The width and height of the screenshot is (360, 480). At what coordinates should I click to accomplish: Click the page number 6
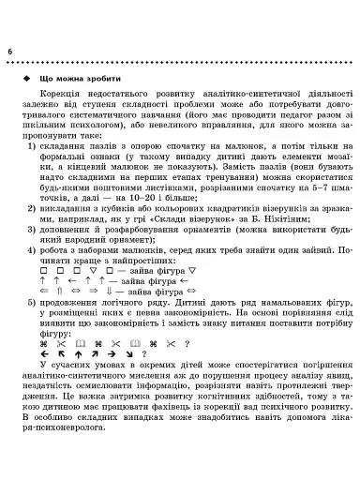9,49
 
